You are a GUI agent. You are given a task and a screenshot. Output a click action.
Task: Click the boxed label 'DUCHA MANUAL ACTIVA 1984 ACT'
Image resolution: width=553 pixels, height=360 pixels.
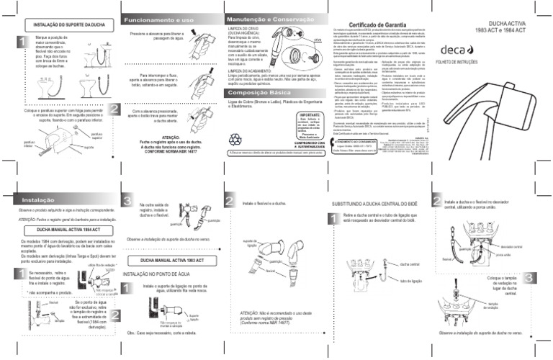[x=63, y=228]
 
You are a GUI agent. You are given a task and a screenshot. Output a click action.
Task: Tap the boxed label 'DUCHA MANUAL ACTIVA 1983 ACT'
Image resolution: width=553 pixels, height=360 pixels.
[x=171, y=257]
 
